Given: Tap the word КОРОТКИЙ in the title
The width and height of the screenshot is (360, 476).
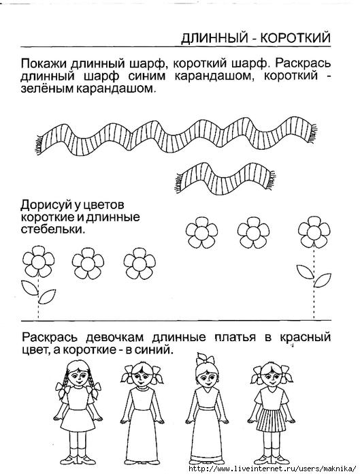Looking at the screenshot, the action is click(x=295, y=38).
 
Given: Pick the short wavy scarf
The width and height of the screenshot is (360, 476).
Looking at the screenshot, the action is click(x=225, y=178).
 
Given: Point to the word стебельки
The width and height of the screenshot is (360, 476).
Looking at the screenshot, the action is click(x=53, y=229).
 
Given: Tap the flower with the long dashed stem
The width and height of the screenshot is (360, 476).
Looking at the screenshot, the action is click(x=314, y=267).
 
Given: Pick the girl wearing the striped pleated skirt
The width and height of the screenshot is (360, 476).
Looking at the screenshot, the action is click(x=272, y=413).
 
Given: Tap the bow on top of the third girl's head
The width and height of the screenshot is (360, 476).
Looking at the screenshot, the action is click(x=206, y=358).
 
